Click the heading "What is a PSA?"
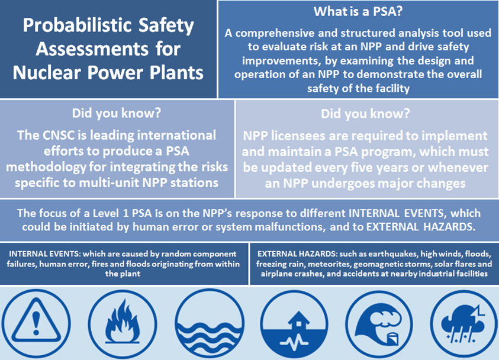[x=358, y=11]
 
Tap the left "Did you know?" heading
[x=117, y=113]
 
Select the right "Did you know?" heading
[x=365, y=114]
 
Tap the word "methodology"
[x=46, y=168]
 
